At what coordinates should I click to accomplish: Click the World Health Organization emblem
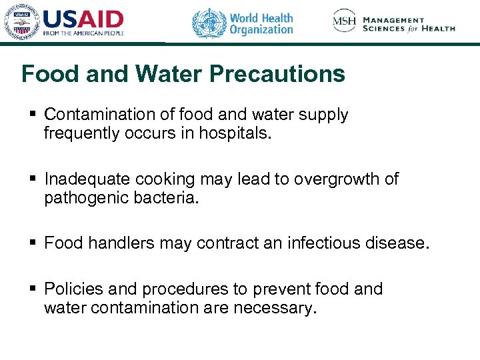209,23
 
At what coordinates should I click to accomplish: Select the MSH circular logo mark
345,21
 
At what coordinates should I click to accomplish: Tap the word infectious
325,243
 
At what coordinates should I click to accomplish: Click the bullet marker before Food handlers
32,243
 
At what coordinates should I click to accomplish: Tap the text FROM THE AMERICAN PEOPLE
84,32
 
